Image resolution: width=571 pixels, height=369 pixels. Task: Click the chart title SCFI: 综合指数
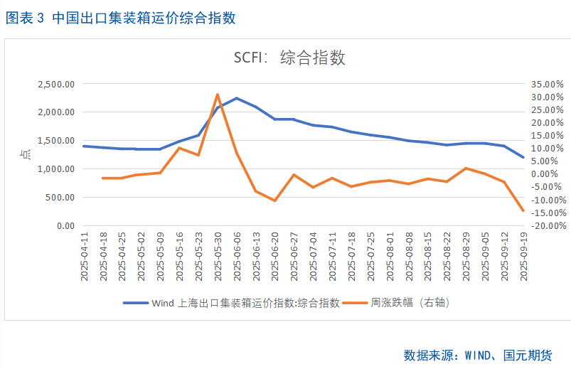click(x=290, y=58)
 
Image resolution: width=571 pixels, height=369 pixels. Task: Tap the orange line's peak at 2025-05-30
click(x=218, y=94)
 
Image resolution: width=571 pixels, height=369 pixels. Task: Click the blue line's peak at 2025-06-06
click(x=237, y=98)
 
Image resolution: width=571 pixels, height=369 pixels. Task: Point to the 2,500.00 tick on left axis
click(x=55, y=84)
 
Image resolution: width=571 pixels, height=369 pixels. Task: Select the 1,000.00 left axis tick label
click(x=55, y=169)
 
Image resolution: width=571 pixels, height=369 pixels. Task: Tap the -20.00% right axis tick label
click(x=548, y=226)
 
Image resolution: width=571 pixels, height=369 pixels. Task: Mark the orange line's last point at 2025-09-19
click(x=523, y=210)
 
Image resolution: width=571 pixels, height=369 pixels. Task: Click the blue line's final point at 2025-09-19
click(x=523, y=157)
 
